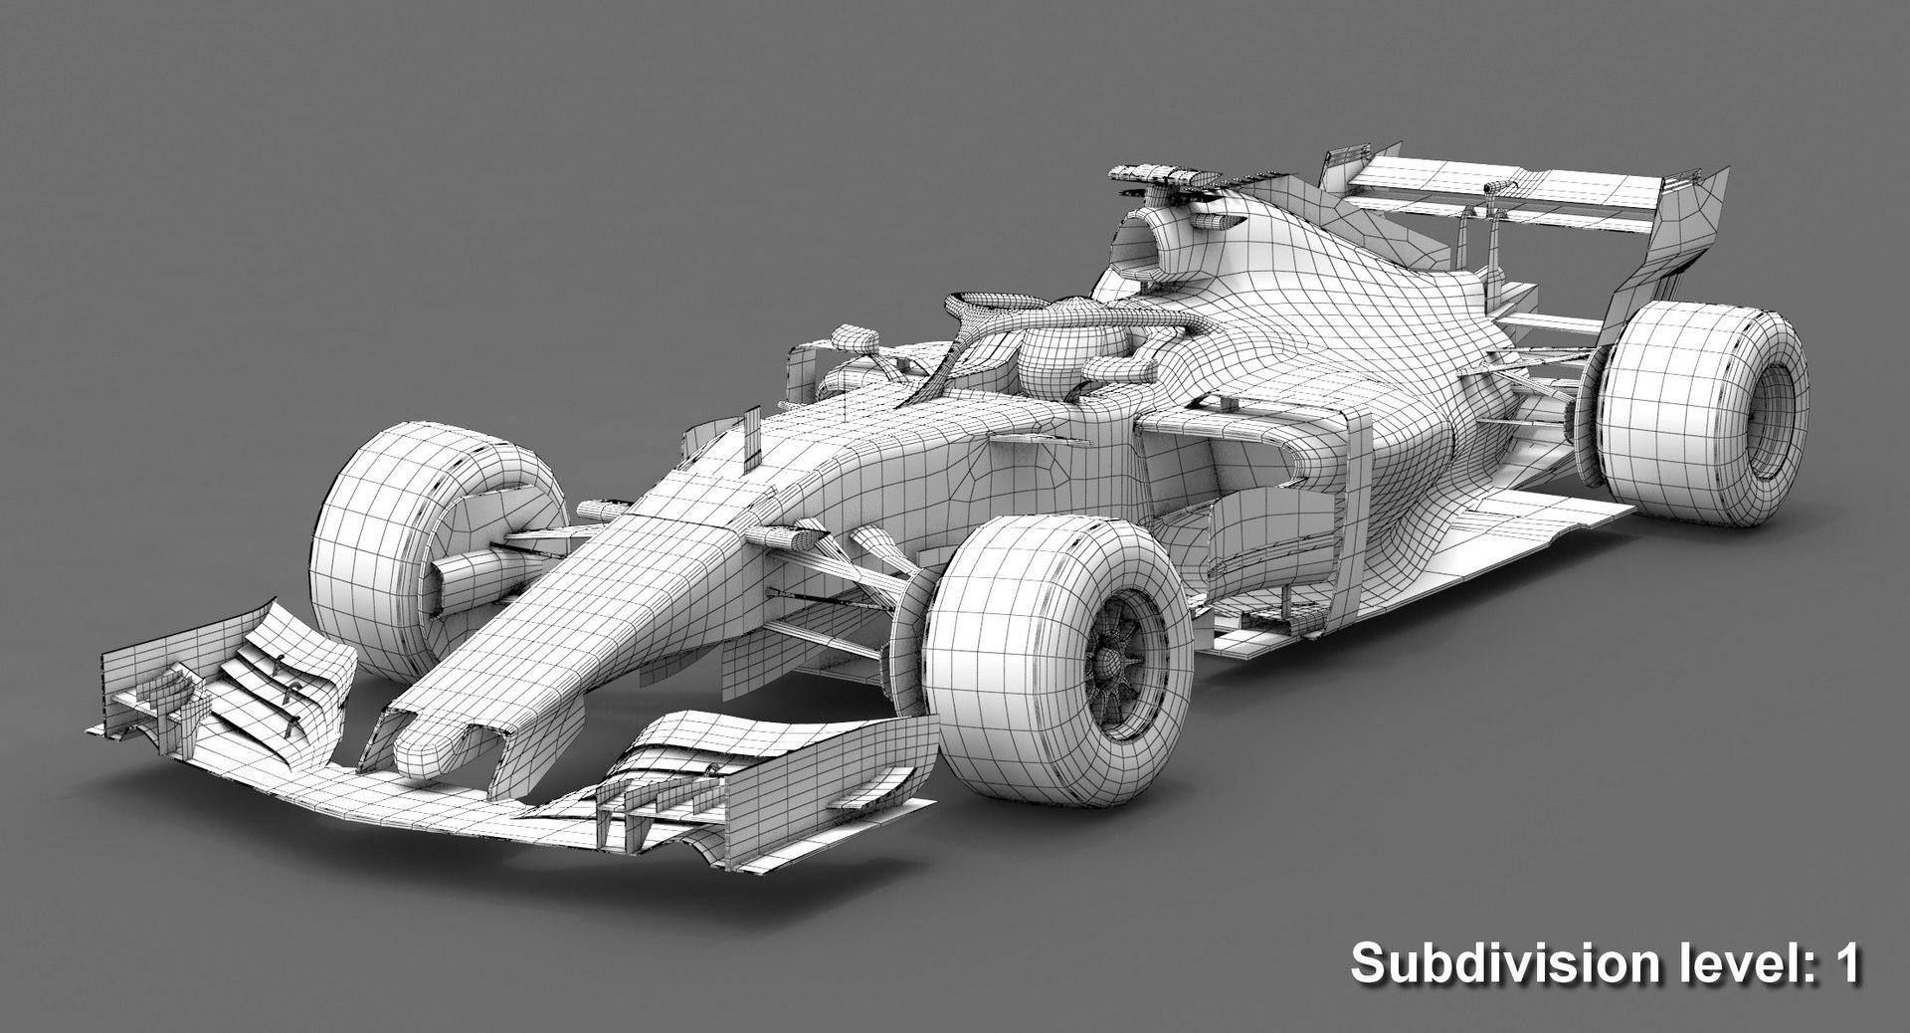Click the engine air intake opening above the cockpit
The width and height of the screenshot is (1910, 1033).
(x=1139, y=244)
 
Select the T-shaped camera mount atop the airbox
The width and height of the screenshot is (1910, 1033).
(x=1164, y=177)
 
